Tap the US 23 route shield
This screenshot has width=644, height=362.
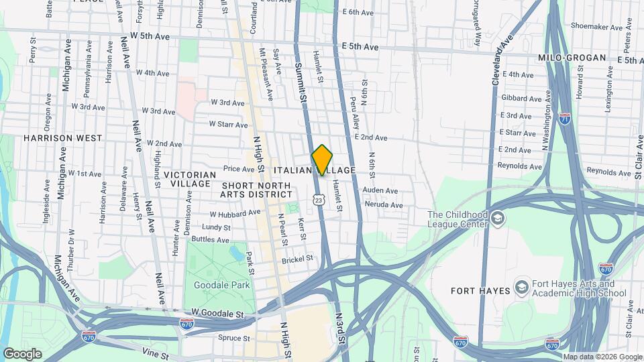(319, 200)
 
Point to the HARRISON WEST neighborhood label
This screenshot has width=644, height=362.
(62, 138)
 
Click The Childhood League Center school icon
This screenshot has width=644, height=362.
(497, 219)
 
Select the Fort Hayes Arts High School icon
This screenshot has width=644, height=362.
(521, 287)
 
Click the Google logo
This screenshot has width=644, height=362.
(22, 353)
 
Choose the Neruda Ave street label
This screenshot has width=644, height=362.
(382, 204)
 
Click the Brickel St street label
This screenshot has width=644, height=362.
(297, 258)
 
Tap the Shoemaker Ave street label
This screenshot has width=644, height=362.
(593, 27)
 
